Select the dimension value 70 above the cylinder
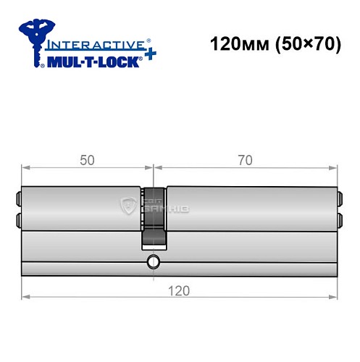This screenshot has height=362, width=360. (245, 160)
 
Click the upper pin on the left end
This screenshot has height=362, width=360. (19, 195)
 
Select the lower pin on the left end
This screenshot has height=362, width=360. (19, 218)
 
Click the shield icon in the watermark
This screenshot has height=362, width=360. (129, 206)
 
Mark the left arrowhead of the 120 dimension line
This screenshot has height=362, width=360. (25, 297)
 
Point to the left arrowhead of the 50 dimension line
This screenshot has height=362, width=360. (25, 168)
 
